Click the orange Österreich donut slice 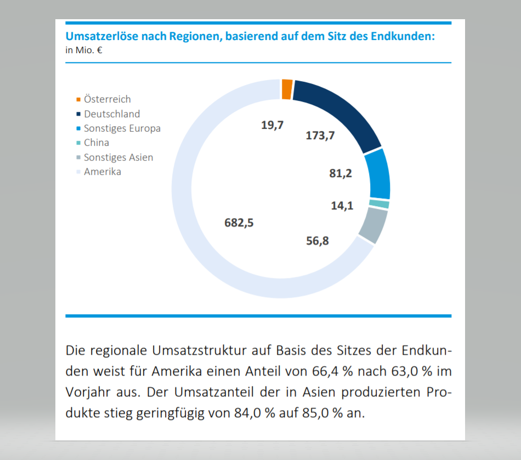(286, 89)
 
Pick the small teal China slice (380, 204)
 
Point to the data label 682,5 (239, 223)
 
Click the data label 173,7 (320, 135)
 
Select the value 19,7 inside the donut (272, 125)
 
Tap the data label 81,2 (341, 174)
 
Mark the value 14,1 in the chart (342, 206)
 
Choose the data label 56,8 (318, 240)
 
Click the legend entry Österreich (107, 99)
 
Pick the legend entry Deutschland (111, 114)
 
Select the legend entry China (96, 143)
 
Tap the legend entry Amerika (102, 172)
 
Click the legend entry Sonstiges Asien (118, 157)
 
